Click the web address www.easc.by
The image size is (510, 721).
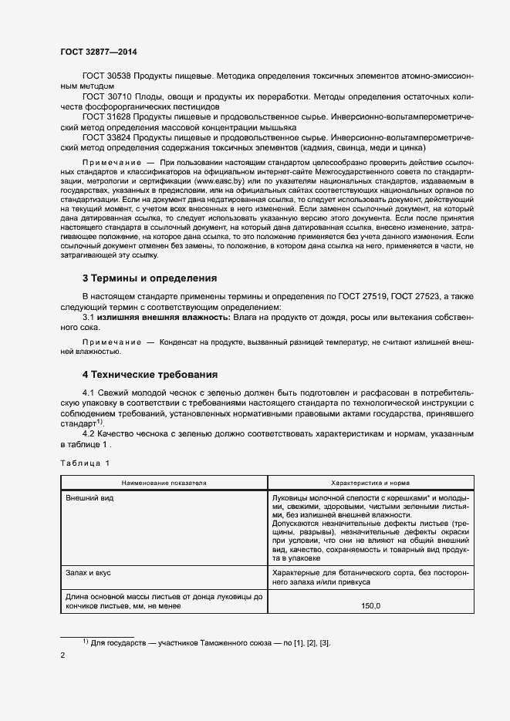coord(216,180)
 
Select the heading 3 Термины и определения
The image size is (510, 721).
coord(150,278)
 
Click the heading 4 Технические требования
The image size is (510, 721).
coord(150,375)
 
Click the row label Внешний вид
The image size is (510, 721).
coord(90,498)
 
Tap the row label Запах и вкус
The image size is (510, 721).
coord(91,574)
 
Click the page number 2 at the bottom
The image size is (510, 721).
coord(62,656)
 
